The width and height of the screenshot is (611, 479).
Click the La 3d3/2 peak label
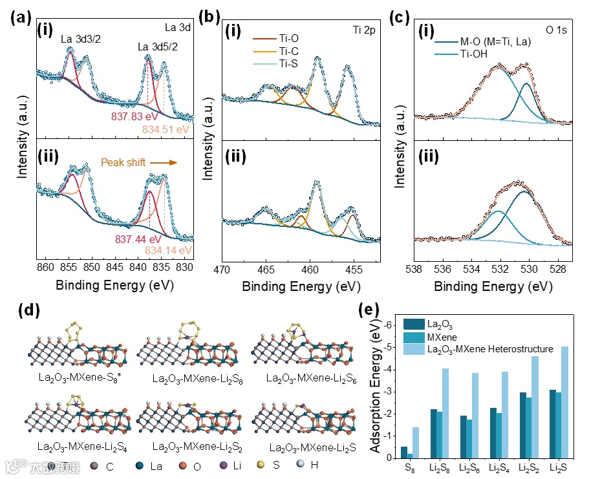click(x=81, y=39)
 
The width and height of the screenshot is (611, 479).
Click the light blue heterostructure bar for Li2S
click(x=564, y=402)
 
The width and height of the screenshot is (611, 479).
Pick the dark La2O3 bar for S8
click(x=404, y=452)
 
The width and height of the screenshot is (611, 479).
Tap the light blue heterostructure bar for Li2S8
click(x=445, y=413)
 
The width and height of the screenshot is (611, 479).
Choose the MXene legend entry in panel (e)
click(x=447, y=336)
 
